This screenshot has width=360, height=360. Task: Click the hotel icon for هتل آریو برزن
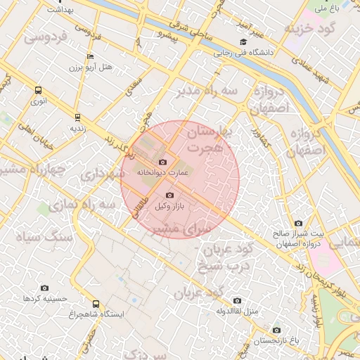point(90,56)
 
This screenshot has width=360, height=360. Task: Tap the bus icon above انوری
point(38,90)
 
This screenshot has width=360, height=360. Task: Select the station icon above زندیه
point(77,117)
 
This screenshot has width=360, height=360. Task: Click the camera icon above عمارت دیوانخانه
point(163,162)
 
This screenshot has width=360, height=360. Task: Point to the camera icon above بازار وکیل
point(169,195)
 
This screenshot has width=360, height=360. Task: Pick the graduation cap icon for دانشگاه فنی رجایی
point(243,41)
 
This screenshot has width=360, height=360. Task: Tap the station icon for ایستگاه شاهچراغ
point(96,304)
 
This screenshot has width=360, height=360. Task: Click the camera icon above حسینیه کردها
point(45,288)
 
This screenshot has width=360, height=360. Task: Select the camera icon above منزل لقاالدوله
point(236,301)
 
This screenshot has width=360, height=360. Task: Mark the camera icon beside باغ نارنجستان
point(276,330)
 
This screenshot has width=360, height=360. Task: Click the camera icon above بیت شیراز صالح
point(298,224)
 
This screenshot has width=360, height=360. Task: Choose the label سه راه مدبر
point(209,91)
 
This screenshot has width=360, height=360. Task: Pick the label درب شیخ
point(221,265)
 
